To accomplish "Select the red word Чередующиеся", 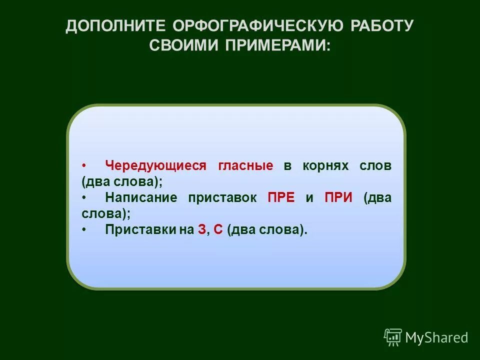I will tap(155, 166).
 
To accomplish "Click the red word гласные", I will tap(245, 166).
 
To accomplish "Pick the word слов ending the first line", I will tap(375, 166).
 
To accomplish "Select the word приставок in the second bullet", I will tap(222, 197).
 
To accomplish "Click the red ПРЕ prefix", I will tap(281, 197).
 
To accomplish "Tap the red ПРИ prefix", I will tap(338, 197).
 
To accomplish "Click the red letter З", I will tap(201, 229).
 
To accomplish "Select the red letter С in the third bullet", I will tap(218, 229).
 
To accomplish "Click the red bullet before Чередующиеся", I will tap(84, 165).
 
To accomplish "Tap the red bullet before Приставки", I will tap(84, 229).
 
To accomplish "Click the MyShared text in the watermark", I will tap(436, 337).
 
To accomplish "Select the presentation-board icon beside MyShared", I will tap(393, 337).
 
